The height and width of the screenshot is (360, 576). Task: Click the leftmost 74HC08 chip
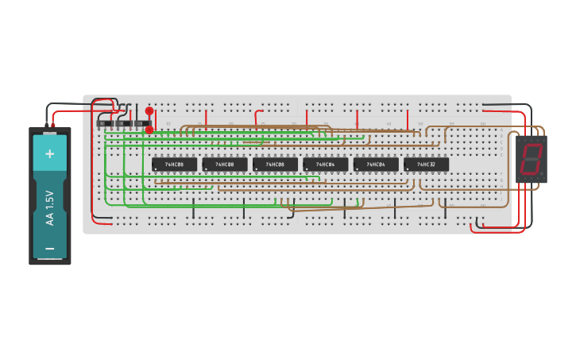tap(174, 165)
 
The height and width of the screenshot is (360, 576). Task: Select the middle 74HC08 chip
tap(225, 165)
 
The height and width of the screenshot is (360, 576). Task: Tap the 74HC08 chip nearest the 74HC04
tap(275, 165)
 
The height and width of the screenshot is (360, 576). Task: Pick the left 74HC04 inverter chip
tap(325, 165)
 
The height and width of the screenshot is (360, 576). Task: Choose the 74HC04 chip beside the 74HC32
tap(376, 165)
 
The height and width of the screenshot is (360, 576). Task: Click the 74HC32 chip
tap(426, 165)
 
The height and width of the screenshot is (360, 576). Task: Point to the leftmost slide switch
tap(104, 123)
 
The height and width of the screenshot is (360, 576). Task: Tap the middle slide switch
tap(123, 123)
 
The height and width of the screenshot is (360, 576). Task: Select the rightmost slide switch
tap(142, 123)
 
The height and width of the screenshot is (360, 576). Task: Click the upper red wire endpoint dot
tap(149, 111)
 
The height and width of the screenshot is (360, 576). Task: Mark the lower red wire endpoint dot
tap(149, 129)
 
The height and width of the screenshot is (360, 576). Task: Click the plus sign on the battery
tap(50, 153)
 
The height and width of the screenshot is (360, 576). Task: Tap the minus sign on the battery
tap(50, 249)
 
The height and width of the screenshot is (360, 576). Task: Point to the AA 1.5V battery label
tap(50, 207)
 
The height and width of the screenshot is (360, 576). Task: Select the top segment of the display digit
tap(532, 146)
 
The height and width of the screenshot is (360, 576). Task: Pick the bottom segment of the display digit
tap(529, 172)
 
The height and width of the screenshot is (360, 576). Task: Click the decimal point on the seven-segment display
tap(542, 173)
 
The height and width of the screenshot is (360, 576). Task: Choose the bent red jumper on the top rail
tap(258, 116)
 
